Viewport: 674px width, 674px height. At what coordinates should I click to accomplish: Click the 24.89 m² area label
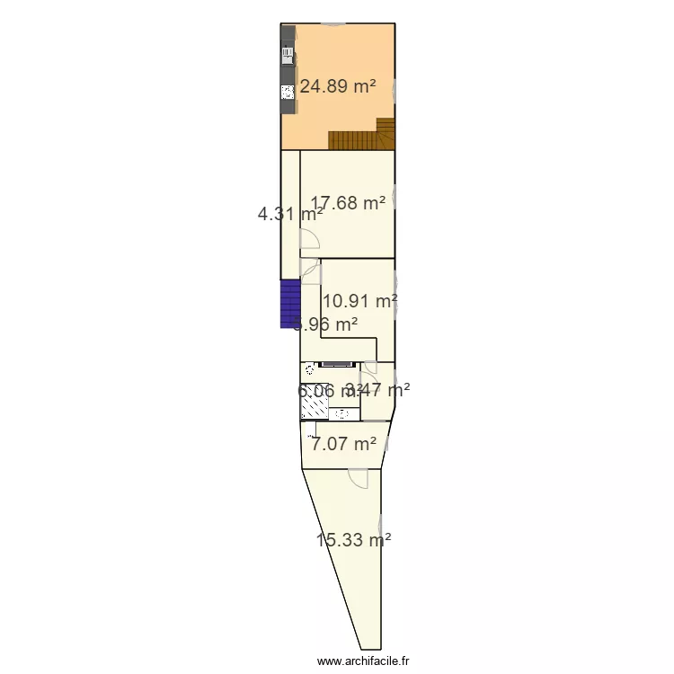338,87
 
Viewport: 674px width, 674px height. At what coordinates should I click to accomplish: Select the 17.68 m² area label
349,203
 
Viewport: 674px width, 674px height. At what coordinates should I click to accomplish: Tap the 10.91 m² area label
360,301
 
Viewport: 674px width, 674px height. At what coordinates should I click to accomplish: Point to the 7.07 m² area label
343,443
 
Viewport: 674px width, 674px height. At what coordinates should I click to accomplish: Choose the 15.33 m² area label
353,540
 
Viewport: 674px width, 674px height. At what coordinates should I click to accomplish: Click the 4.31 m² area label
289,214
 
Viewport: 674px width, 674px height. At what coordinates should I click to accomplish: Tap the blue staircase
290,305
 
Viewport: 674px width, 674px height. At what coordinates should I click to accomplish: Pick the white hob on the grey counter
288,91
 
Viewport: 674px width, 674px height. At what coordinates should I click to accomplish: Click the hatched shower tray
314,408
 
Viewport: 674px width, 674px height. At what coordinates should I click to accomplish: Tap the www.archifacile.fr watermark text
363,661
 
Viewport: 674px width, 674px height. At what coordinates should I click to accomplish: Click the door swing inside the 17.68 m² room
310,238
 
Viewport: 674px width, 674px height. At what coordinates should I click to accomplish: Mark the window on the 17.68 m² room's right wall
395,203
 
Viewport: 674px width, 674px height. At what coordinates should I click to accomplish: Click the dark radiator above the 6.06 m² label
337,365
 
